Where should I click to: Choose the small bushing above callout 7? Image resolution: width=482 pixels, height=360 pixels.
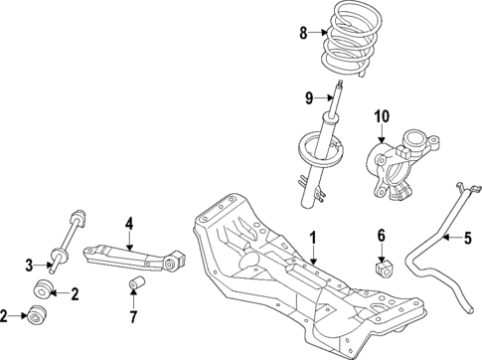click(134, 286)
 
